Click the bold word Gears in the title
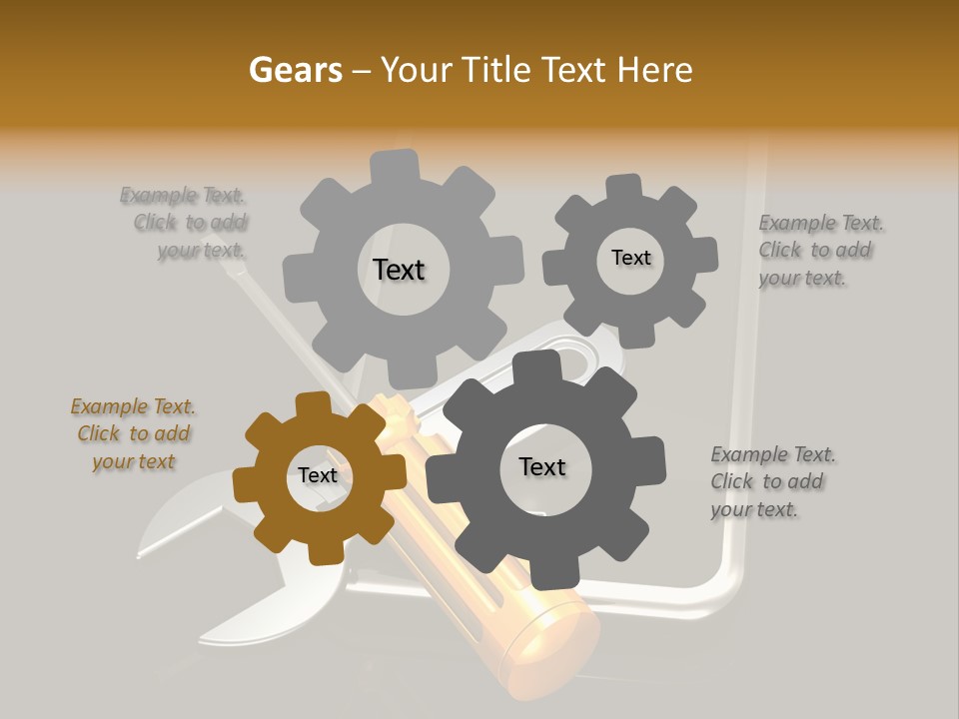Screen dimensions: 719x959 (295, 70)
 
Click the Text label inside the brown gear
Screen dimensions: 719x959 (318, 475)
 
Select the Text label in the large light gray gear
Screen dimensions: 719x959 (399, 270)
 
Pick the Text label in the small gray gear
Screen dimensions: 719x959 (630, 258)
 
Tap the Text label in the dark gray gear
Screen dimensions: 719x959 (541, 466)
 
